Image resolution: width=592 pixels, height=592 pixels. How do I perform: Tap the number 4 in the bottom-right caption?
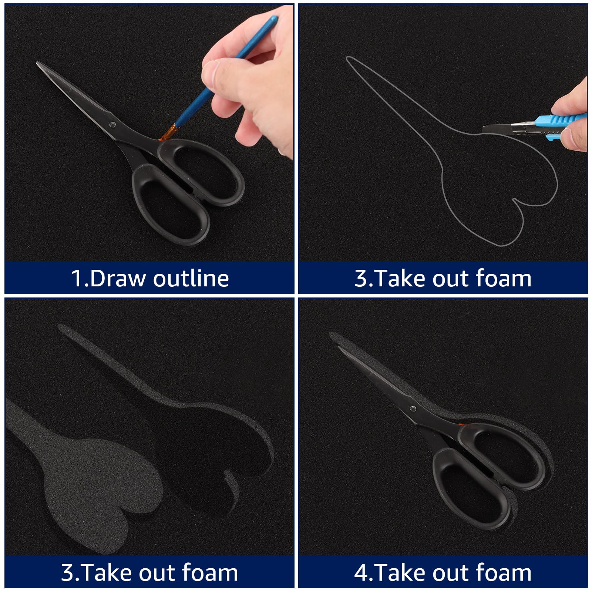point(360,573)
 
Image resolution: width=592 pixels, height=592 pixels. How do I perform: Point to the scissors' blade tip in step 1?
point(37,63)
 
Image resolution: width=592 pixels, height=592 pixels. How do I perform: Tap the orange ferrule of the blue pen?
point(169,133)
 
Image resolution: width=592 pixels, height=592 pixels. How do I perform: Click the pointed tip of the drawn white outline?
point(347,58)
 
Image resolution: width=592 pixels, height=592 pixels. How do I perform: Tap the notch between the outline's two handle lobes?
point(514,199)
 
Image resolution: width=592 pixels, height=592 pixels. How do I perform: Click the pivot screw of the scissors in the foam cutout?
point(413,409)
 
